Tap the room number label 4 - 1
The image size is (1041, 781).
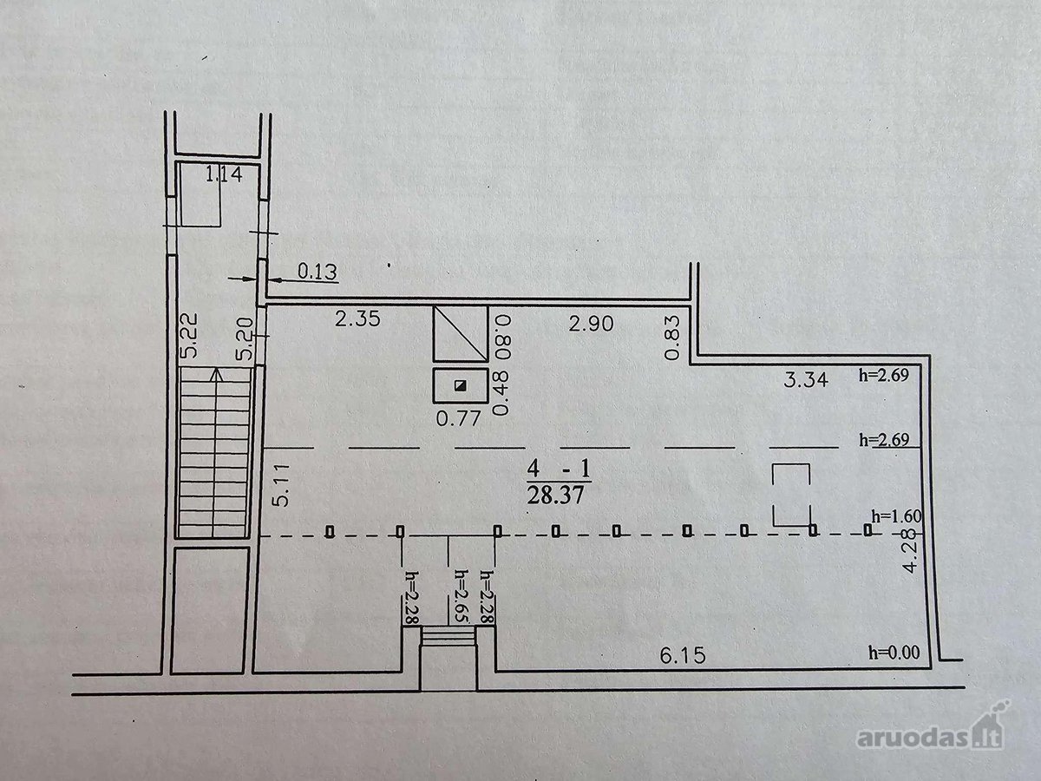(559, 469)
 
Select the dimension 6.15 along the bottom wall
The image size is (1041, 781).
(683, 655)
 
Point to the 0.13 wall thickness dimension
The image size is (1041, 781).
(318, 272)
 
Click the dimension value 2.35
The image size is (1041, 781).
(357, 318)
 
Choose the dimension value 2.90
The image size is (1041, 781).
(591, 324)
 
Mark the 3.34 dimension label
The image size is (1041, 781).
(806, 379)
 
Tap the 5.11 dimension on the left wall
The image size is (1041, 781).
(282, 485)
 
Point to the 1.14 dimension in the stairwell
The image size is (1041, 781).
(224, 174)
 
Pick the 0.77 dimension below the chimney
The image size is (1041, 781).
(458, 418)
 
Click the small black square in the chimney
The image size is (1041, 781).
(460, 385)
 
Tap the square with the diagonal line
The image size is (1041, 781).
(460, 333)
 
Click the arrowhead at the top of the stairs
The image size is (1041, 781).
(216, 374)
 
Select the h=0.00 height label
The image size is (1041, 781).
(894, 652)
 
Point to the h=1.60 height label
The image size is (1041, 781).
(896, 515)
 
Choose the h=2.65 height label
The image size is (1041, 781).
(459, 596)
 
